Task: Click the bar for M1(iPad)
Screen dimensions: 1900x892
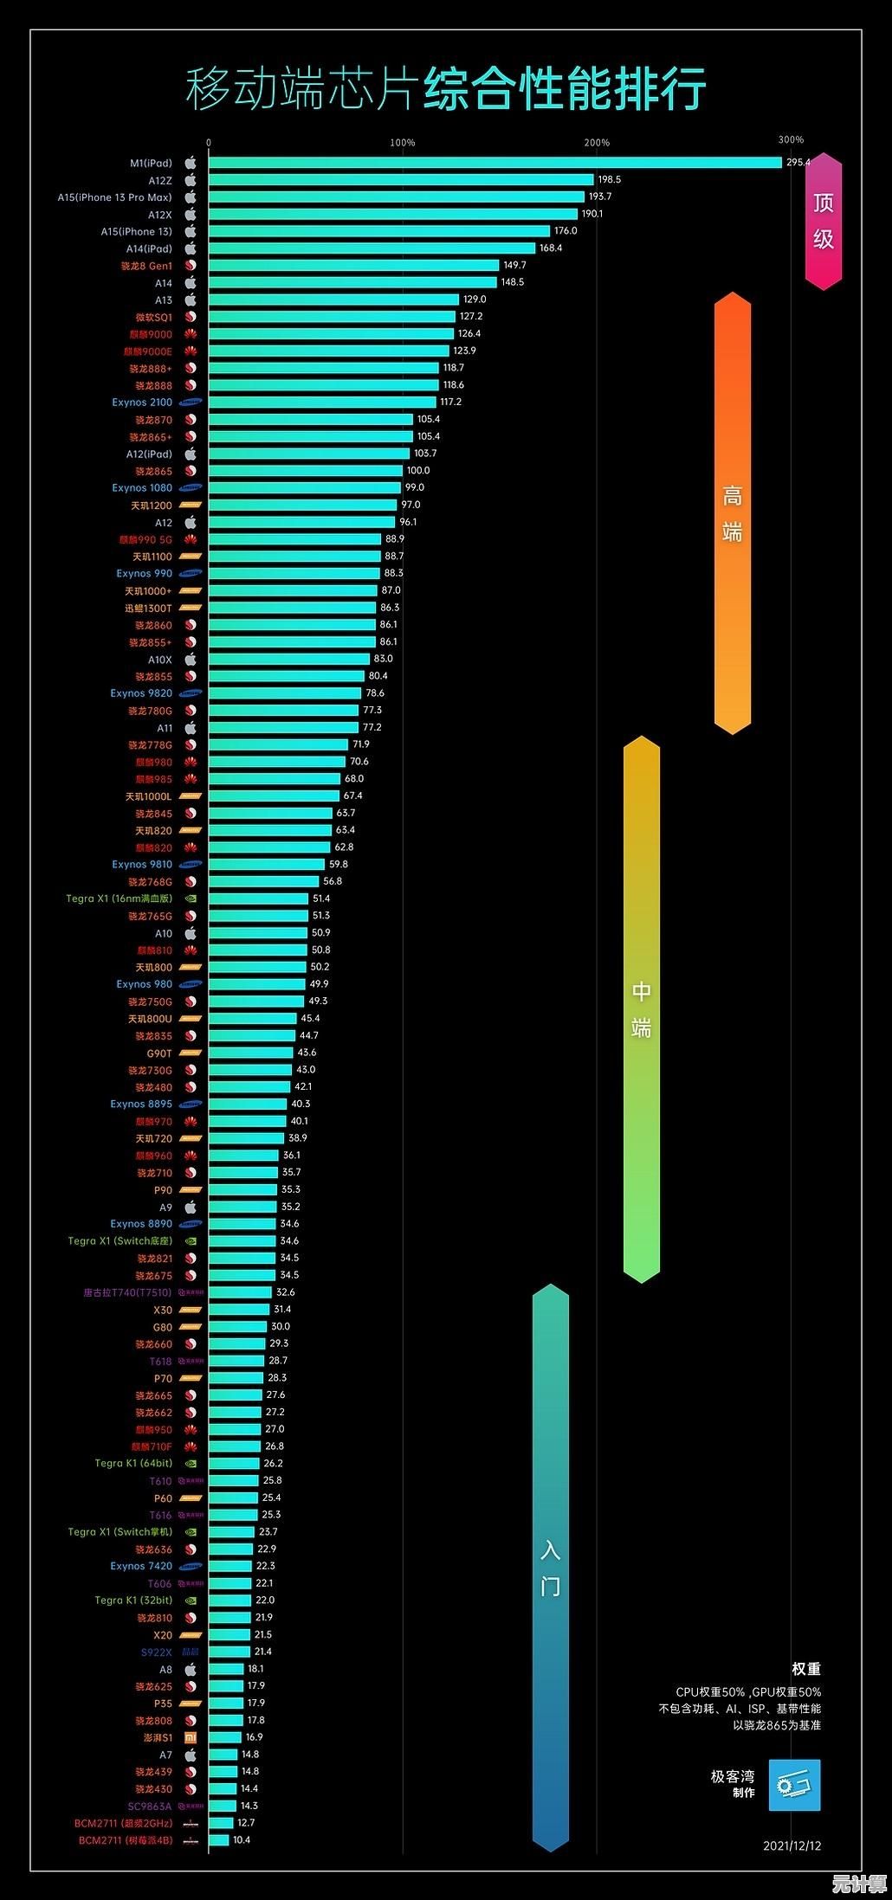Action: click(x=494, y=163)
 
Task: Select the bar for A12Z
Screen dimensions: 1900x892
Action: click(x=401, y=180)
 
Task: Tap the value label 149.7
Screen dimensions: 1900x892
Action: click(x=514, y=265)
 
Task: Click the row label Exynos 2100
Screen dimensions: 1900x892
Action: click(x=142, y=403)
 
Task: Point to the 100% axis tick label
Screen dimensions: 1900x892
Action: click(x=403, y=143)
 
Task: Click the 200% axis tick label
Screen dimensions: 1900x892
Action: click(x=597, y=143)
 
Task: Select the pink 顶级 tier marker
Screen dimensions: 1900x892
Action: click(x=823, y=221)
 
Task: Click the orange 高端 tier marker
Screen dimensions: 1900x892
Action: click(x=733, y=513)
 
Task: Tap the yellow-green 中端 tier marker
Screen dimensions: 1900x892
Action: click(x=642, y=1008)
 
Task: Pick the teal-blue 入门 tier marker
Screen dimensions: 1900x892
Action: click(x=551, y=1568)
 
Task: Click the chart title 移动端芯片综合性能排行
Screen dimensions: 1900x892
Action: click(x=446, y=89)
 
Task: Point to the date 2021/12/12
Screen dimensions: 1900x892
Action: click(x=792, y=1845)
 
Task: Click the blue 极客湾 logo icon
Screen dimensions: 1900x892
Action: click(x=794, y=1785)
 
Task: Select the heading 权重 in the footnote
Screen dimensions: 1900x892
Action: click(x=805, y=1669)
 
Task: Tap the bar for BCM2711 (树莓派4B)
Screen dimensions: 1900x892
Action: click(x=219, y=1839)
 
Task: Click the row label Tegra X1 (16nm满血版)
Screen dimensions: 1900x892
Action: click(x=120, y=898)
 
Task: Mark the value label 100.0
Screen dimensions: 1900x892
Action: click(x=418, y=471)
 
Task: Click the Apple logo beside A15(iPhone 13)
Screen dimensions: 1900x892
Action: click(x=191, y=231)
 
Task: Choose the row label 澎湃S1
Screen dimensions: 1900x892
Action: click(x=158, y=1737)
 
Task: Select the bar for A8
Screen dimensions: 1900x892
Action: click(x=226, y=1669)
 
